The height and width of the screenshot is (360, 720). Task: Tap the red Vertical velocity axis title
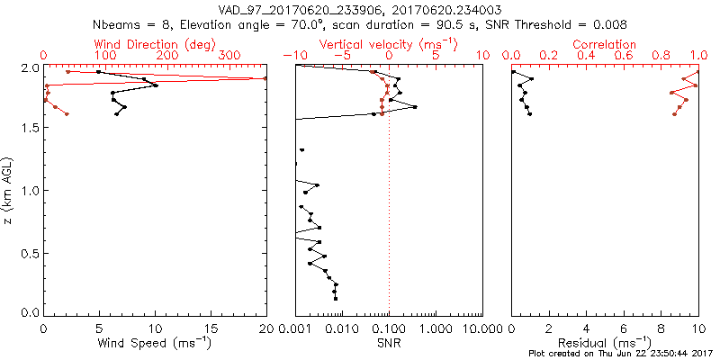pos(388,44)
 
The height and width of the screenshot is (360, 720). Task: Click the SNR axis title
pos(389,343)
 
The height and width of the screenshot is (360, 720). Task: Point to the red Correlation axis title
pos(604,44)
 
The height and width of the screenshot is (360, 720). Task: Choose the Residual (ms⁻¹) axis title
pos(604,343)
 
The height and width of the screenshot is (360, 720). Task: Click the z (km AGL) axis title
pos(10,190)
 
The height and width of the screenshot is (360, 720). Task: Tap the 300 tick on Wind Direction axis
pos(232,56)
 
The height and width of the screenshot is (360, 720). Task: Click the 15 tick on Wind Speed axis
pos(211,329)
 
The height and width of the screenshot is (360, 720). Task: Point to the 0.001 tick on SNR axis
pos(296,329)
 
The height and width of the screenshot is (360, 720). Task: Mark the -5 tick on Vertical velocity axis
pos(342,56)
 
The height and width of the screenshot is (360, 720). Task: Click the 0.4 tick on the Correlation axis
pos(586,56)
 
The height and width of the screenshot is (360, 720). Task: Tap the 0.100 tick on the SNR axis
pos(389,329)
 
